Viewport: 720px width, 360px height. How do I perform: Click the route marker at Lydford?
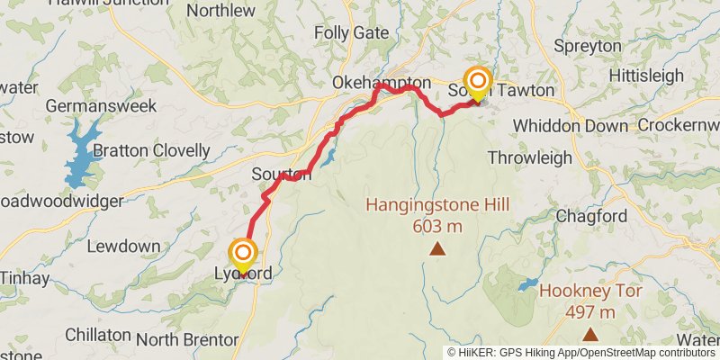coord(244,254)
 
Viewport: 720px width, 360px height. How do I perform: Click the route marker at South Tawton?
coord(476,82)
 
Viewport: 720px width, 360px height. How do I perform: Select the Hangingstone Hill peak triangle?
coord(437,247)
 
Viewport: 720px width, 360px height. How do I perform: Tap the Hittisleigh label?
coord(646,76)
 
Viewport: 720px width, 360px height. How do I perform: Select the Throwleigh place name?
coord(529,157)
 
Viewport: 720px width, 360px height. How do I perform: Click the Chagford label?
coord(590,216)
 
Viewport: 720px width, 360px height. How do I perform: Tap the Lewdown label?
coord(124,246)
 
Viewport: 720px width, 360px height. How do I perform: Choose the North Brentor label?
coord(187,340)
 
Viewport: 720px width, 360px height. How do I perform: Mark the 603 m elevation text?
coord(437,226)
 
